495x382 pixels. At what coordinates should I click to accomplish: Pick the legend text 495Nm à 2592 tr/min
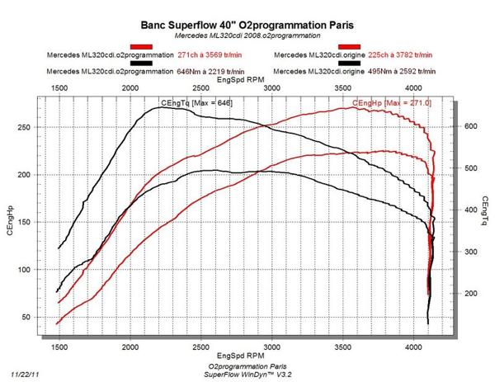pos(405,72)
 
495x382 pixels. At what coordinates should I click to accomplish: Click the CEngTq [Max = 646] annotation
pos(196,102)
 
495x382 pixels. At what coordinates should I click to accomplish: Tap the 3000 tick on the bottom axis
pos(271,348)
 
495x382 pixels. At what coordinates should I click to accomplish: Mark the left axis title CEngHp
pos(8,222)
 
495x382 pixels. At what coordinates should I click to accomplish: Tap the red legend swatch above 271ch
pos(141,47)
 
